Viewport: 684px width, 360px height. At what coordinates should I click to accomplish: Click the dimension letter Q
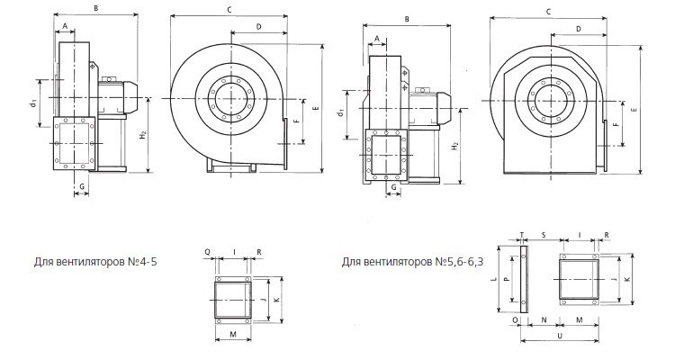point(207,252)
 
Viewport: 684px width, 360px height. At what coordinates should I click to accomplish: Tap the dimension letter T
point(522,235)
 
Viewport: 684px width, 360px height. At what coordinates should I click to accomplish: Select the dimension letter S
point(544,235)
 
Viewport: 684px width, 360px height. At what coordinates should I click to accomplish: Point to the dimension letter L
point(492,279)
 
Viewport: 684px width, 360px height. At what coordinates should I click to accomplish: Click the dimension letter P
point(506,278)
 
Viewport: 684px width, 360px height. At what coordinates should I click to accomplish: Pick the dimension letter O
point(516,319)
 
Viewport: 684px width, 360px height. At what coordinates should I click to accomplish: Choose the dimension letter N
point(544,319)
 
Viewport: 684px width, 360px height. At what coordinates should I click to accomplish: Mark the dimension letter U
point(560,335)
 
